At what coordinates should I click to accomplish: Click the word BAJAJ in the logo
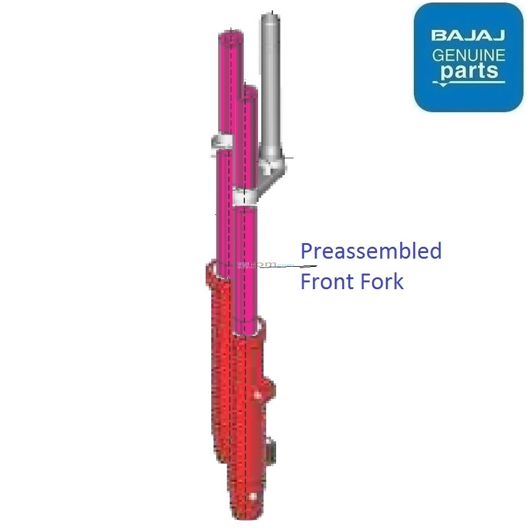click(x=469, y=35)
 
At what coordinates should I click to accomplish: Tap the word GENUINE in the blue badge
click(x=469, y=55)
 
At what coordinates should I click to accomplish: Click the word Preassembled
click(x=371, y=251)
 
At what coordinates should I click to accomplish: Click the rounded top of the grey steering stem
click(x=269, y=17)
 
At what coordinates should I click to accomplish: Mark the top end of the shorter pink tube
click(x=247, y=92)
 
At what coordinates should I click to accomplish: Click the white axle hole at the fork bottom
click(x=252, y=496)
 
